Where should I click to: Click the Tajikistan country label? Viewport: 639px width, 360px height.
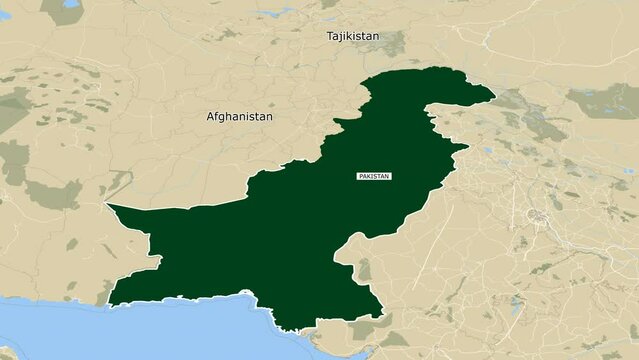353,36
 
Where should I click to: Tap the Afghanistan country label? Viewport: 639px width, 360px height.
239,116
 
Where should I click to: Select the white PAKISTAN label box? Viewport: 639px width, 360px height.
374,176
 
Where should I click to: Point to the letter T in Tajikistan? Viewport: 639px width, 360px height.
330,36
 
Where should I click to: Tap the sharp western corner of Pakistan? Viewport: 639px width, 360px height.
107,205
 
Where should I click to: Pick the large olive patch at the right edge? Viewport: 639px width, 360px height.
604,100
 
